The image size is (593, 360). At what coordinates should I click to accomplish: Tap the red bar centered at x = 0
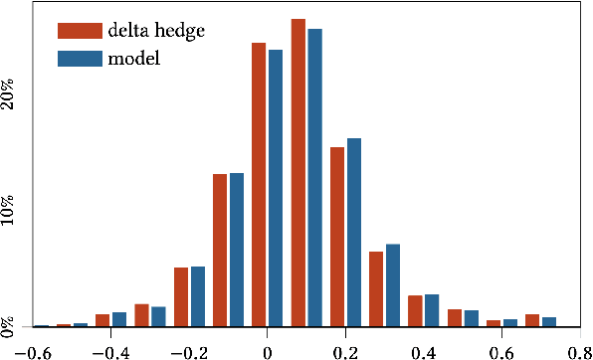click(259, 184)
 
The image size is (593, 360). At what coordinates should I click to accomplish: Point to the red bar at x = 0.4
click(415, 310)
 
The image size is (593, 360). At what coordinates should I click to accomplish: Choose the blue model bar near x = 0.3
click(393, 285)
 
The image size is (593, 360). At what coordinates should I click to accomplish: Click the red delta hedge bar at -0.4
click(102, 320)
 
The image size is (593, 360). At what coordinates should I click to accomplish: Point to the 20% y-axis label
click(10, 94)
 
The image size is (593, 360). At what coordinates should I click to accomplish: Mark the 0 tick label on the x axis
click(268, 351)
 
